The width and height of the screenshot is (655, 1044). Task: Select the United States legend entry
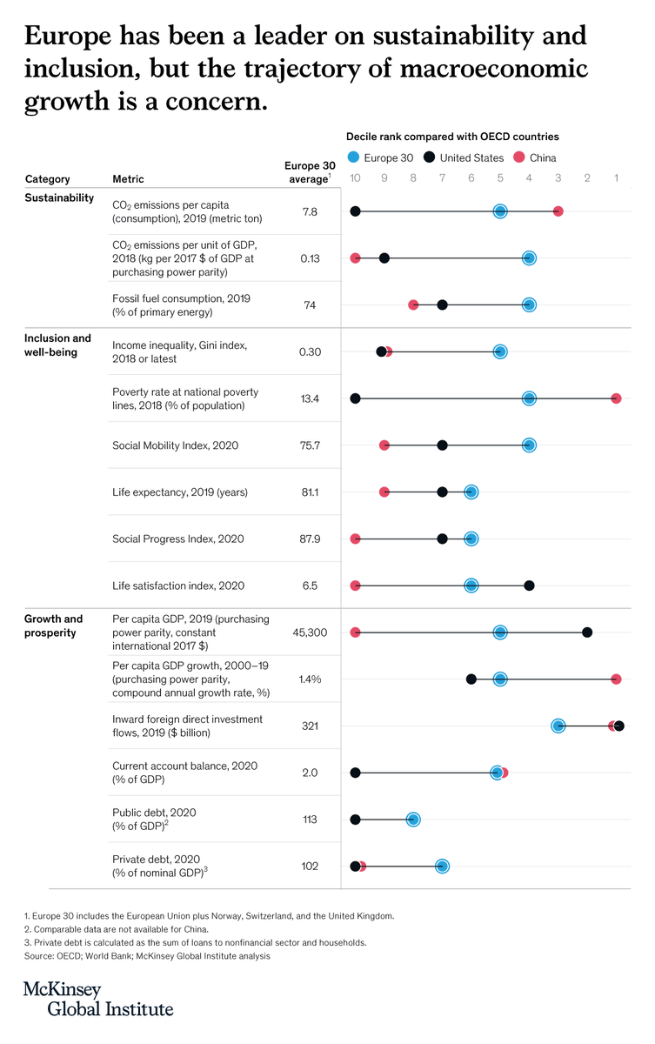point(464,157)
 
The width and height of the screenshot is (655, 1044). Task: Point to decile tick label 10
point(355,178)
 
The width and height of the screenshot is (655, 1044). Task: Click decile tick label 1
point(617,178)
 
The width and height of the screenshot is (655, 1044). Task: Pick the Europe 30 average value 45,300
point(310,632)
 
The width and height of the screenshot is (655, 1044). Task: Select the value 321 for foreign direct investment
point(310,726)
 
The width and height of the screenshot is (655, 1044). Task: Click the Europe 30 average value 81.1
point(310,492)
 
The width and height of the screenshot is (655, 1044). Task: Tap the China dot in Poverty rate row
point(616,398)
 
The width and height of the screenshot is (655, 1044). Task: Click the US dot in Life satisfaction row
point(529,586)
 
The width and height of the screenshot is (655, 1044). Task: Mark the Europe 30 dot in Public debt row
point(413,820)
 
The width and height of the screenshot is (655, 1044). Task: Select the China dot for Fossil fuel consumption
point(413,304)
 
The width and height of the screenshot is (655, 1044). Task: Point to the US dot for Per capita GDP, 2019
point(587,632)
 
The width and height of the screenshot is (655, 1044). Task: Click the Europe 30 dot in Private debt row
point(442,866)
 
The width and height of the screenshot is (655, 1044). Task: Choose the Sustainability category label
point(59,198)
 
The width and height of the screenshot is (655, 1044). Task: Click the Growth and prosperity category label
point(54,626)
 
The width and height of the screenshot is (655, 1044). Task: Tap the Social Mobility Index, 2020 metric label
point(175,445)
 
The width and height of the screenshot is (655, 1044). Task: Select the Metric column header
point(129,179)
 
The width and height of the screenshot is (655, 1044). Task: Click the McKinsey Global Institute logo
point(97,1000)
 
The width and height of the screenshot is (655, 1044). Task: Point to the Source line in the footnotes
point(147,956)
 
